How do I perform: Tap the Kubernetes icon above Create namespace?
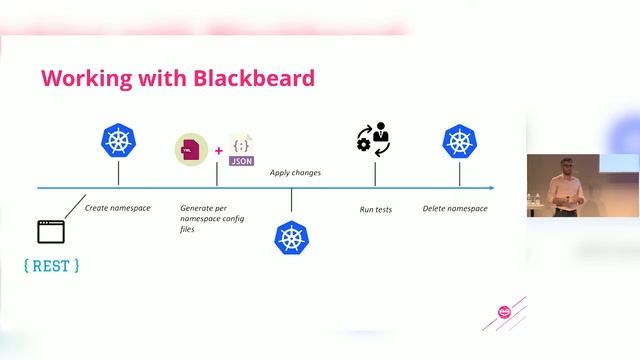coord(119,141)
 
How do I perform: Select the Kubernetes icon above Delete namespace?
coord(459,141)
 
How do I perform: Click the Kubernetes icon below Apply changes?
coord(292,237)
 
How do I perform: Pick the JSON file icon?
coord(241,150)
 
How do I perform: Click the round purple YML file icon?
coord(190,150)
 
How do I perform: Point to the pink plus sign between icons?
coord(218,152)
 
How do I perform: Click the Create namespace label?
coord(117,208)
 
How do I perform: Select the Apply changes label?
coord(295,173)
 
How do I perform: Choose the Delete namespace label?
coord(455,208)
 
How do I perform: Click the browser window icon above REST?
coord(50,232)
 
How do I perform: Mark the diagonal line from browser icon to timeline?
coord(74,204)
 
